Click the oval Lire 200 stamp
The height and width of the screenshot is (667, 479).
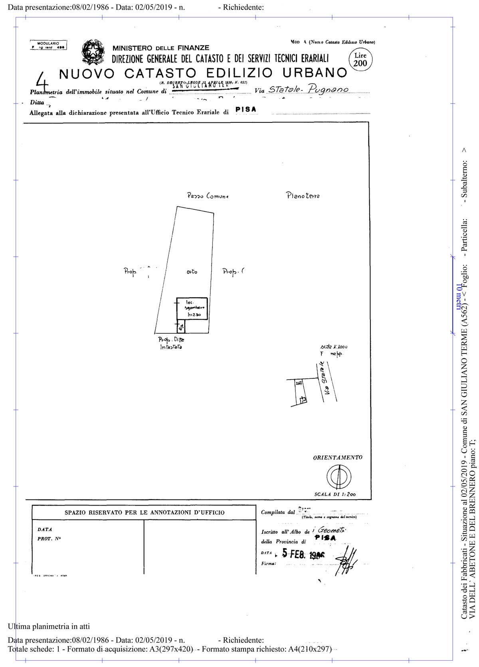[x=360, y=60]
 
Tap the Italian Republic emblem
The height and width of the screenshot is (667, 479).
[x=93, y=52]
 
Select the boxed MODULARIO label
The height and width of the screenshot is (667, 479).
[x=48, y=45]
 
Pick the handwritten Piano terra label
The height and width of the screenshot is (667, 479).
[x=303, y=195]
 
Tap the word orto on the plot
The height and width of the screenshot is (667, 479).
[x=192, y=272]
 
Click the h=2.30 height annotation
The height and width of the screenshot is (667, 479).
[x=194, y=315]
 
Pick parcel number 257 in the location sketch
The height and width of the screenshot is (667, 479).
[x=298, y=383]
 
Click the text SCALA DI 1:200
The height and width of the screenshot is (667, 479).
[x=335, y=494]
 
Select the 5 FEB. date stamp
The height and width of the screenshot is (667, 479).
[x=303, y=554]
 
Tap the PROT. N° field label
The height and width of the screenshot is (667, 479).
[x=49, y=539]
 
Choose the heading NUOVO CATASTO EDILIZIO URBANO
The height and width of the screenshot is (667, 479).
[x=203, y=73]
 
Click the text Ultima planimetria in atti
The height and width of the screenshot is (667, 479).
[x=49, y=626]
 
